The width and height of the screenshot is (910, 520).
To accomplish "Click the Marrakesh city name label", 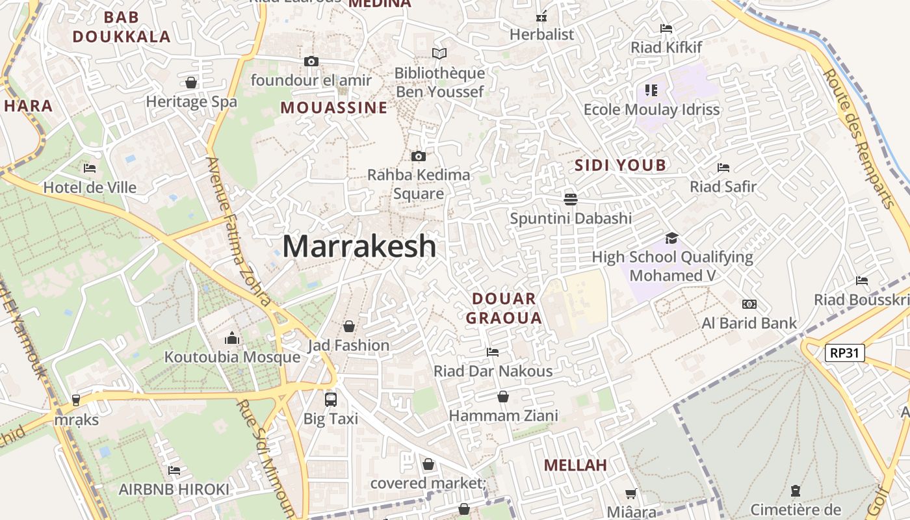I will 359,246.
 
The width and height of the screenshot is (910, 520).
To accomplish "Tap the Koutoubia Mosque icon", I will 232,338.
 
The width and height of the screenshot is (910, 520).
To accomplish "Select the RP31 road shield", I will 845,353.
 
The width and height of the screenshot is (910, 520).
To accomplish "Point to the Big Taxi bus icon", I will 331,399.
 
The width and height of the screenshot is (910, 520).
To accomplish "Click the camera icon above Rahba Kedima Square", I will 419,156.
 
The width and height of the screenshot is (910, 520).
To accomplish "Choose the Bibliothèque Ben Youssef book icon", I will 439,53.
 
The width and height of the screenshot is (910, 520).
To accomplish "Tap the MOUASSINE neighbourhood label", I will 334,108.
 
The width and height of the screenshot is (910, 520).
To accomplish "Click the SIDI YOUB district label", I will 620,165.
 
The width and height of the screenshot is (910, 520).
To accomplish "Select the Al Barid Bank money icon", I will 749,304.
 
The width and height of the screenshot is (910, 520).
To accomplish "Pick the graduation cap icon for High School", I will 671,238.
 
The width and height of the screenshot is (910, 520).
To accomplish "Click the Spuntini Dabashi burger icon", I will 571,199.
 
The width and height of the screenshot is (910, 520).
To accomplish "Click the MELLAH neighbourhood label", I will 575,465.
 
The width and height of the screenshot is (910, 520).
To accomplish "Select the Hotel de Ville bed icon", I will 90,168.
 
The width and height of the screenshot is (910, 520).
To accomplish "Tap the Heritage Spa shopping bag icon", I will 191,83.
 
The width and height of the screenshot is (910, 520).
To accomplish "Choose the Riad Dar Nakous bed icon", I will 493,352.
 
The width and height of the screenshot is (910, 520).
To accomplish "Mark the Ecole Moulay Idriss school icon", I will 651,90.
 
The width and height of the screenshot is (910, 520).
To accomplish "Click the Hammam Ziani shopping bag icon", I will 503,396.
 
